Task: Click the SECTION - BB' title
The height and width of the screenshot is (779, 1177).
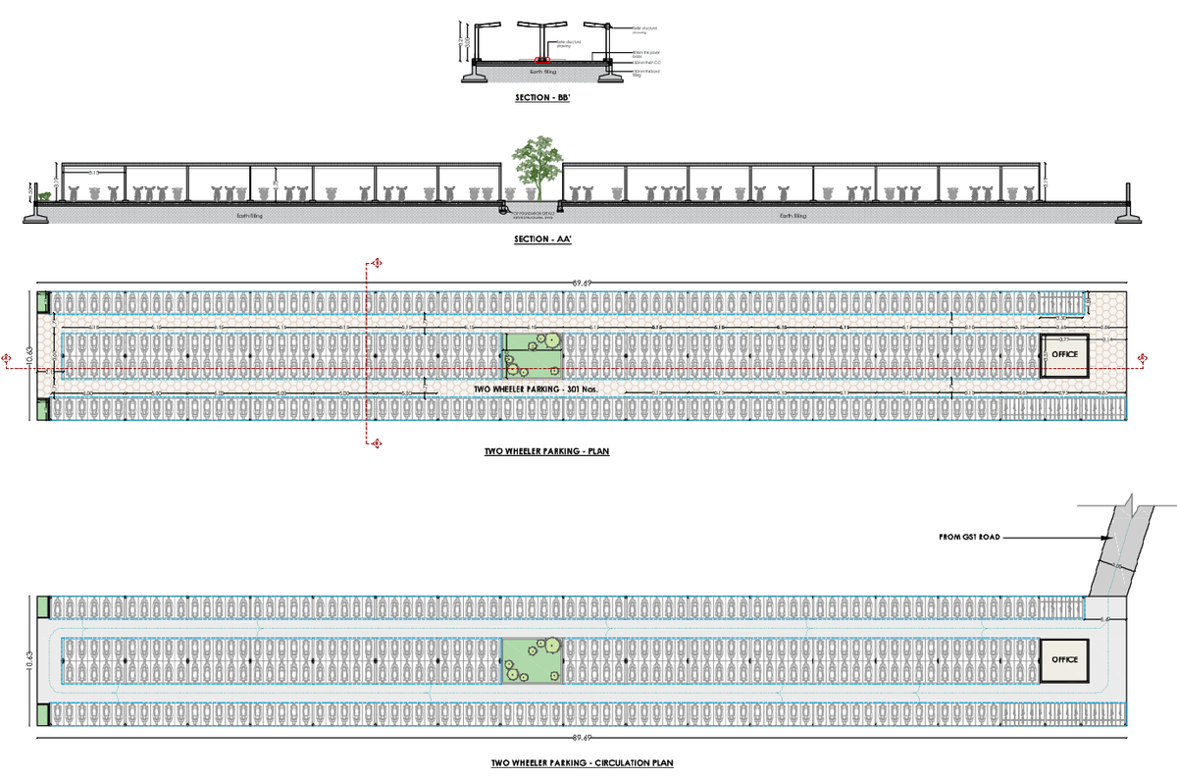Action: pyautogui.click(x=542, y=99)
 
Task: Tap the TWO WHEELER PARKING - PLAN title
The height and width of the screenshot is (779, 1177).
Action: pyautogui.click(x=542, y=452)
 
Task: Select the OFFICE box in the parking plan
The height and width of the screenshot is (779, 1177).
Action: pyautogui.click(x=1064, y=355)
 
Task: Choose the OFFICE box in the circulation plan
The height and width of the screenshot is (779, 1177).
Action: pyautogui.click(x=1064, y=660)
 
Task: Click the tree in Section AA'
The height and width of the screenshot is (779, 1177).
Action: pyautogui.click(x=534, y=167)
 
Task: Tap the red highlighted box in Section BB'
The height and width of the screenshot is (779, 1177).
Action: pyautogui.click(x=542, y=59)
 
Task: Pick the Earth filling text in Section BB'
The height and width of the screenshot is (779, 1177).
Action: pyautogui.click(x=542, y=70)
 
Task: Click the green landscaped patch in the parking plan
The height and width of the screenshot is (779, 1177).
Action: pyautogui.click(x=533, y=355)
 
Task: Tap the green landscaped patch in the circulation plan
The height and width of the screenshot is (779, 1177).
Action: pyautogui.click(x=532, y=660)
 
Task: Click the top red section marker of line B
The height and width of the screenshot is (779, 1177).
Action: pyautogui.click(x=374, y=264)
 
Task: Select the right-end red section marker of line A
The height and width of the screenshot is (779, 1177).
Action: pyautogui.click(x=1142, y=357)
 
